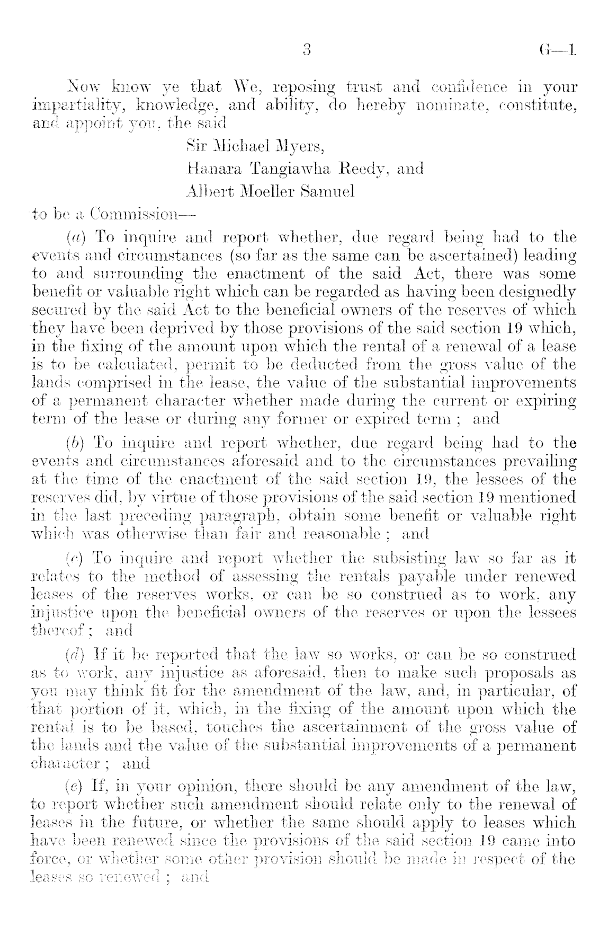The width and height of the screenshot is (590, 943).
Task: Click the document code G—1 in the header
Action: click(x=556, y=51)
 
